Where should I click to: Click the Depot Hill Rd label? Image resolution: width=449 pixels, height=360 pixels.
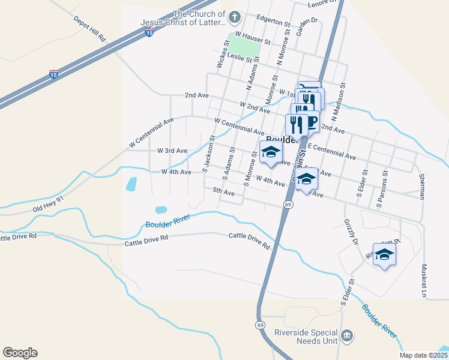pos(90,29)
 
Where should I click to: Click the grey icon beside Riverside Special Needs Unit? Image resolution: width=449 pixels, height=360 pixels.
pos(346,335)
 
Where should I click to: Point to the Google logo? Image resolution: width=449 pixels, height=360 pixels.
pos(20,353)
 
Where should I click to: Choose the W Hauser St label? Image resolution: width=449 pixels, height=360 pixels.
pos(254,38)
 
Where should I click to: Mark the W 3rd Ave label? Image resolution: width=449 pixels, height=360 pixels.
pos(172,151)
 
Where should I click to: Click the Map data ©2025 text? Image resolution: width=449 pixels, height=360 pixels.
pos(424,355)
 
